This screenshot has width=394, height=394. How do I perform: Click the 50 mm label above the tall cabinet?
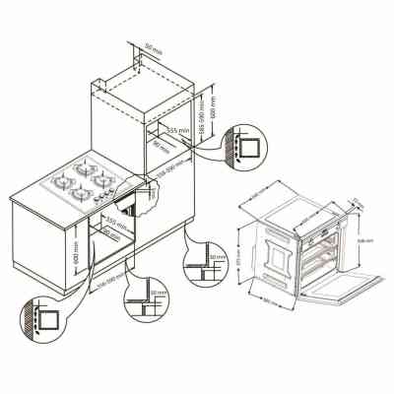[x=153, y=46]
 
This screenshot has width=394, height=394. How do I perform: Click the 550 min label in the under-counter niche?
[x=117, y=227]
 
